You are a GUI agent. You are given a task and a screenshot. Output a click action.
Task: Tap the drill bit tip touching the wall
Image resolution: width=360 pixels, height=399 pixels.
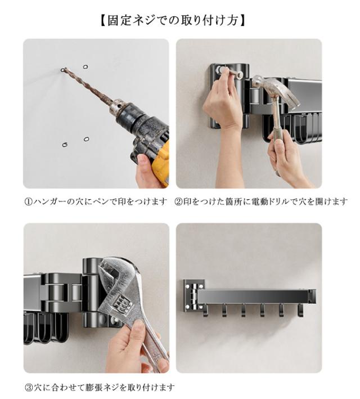(62, 69)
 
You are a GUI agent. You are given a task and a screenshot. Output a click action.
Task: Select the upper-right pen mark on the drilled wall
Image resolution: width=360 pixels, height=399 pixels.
(85, 66)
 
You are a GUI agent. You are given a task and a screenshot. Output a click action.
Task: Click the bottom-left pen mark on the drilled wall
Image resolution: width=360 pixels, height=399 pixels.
(65, 145)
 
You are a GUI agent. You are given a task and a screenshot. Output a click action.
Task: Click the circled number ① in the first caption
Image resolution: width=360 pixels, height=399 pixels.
(28, 202)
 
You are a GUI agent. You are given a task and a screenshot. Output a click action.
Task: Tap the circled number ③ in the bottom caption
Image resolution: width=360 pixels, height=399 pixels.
(29, 388)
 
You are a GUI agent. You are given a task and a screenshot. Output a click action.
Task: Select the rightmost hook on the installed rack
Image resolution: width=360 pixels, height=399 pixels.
(300, 311)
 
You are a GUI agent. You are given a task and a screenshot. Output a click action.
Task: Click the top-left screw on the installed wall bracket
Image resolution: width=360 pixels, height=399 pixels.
(188, 286)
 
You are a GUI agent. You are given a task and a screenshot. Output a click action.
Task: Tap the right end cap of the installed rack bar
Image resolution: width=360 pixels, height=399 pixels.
(312, 296)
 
